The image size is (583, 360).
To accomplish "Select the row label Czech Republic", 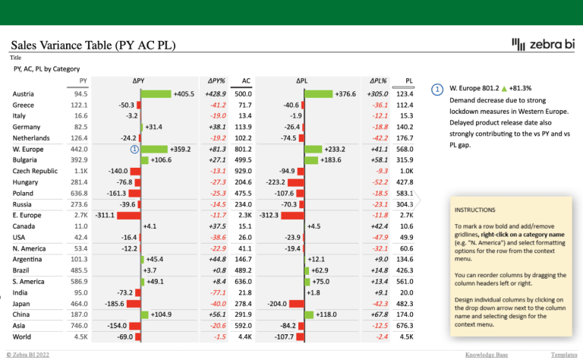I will click(35, 171).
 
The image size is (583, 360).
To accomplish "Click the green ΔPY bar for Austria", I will click(156, 93).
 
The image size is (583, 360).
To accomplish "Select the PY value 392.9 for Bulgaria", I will click(79, 160).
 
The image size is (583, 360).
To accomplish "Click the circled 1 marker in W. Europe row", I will click(134, 150).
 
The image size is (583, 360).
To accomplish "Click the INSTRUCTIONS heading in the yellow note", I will click(477, 209).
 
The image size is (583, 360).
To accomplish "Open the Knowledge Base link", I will click(487, 355).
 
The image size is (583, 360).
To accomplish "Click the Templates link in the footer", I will click(563, 355).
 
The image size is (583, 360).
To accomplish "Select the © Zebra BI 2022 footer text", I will click(28, 355).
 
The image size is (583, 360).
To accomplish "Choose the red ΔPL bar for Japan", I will click(296, 303).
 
